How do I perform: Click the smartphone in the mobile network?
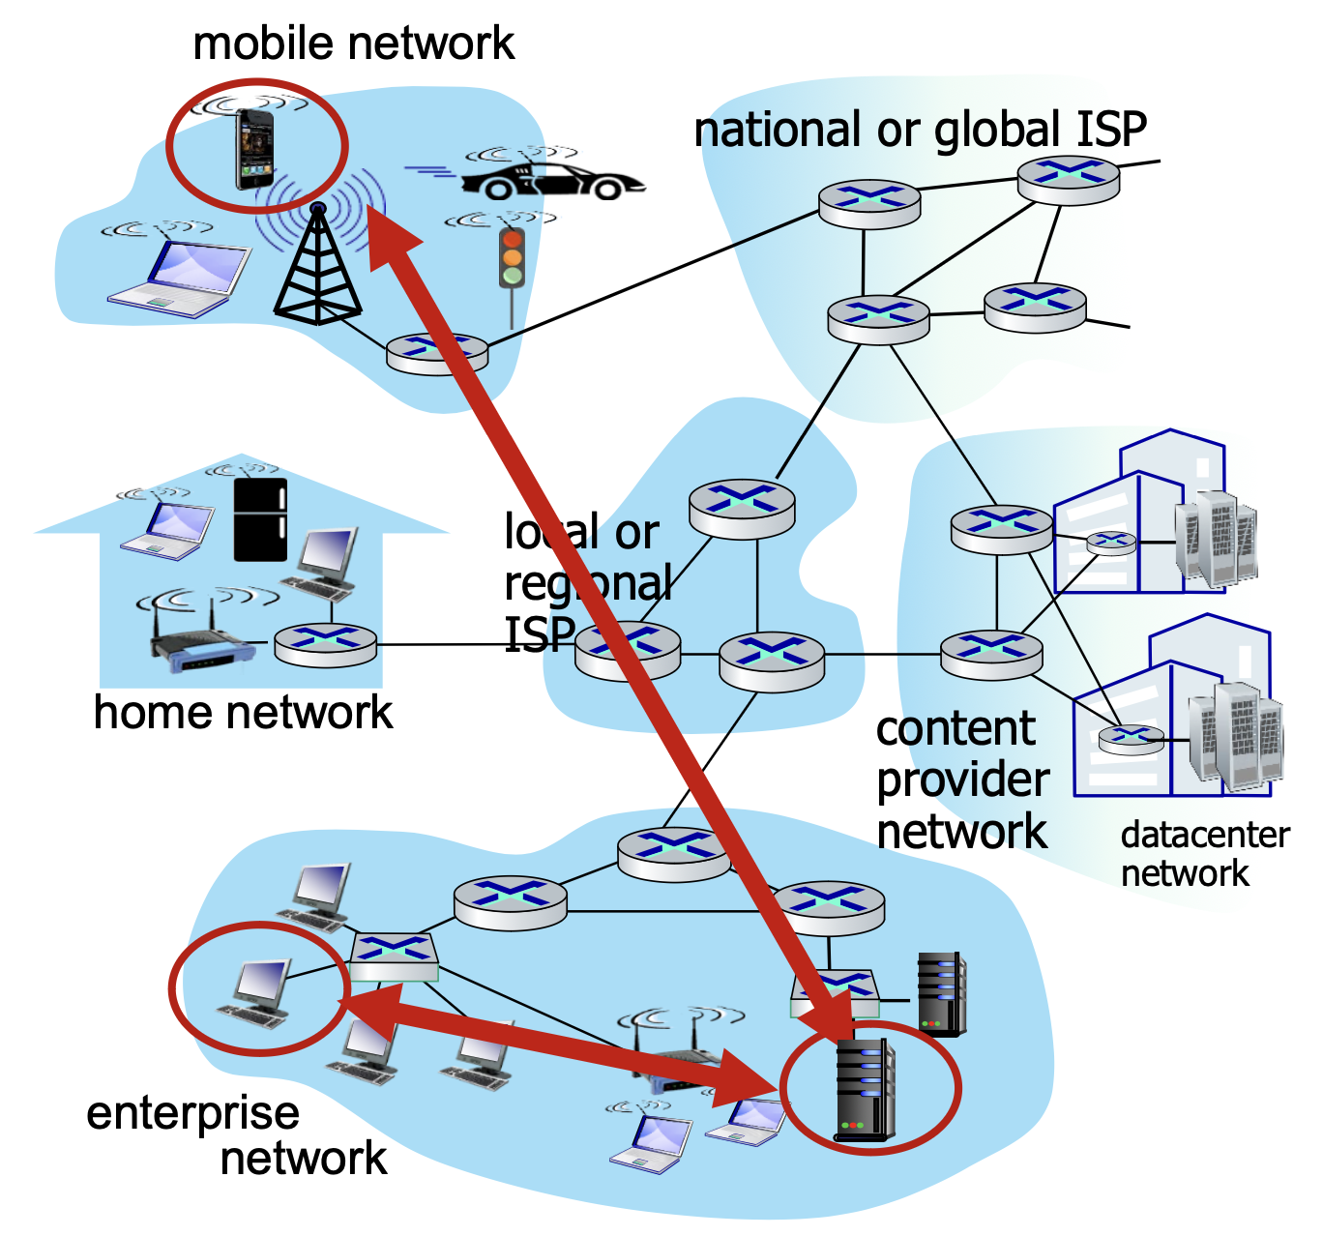pyautogui.click(x=255, y=149)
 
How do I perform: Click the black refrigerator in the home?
pyautogui.click(x=260, y=519)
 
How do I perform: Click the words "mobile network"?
pyautogui.click(x=354, y=44)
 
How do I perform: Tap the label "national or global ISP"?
pyautogui.click(x=920, y=130)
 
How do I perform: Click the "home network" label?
pyautogui.click(x=243, y=713)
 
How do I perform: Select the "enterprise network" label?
pyautogui.click(x=237, y=1135)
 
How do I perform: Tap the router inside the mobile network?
pyautogui.click(x=437, y=353)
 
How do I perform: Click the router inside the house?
pyautogui.click(x=325, y=643)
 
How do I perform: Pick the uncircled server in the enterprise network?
pyautogui.click(x=941, y=993)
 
